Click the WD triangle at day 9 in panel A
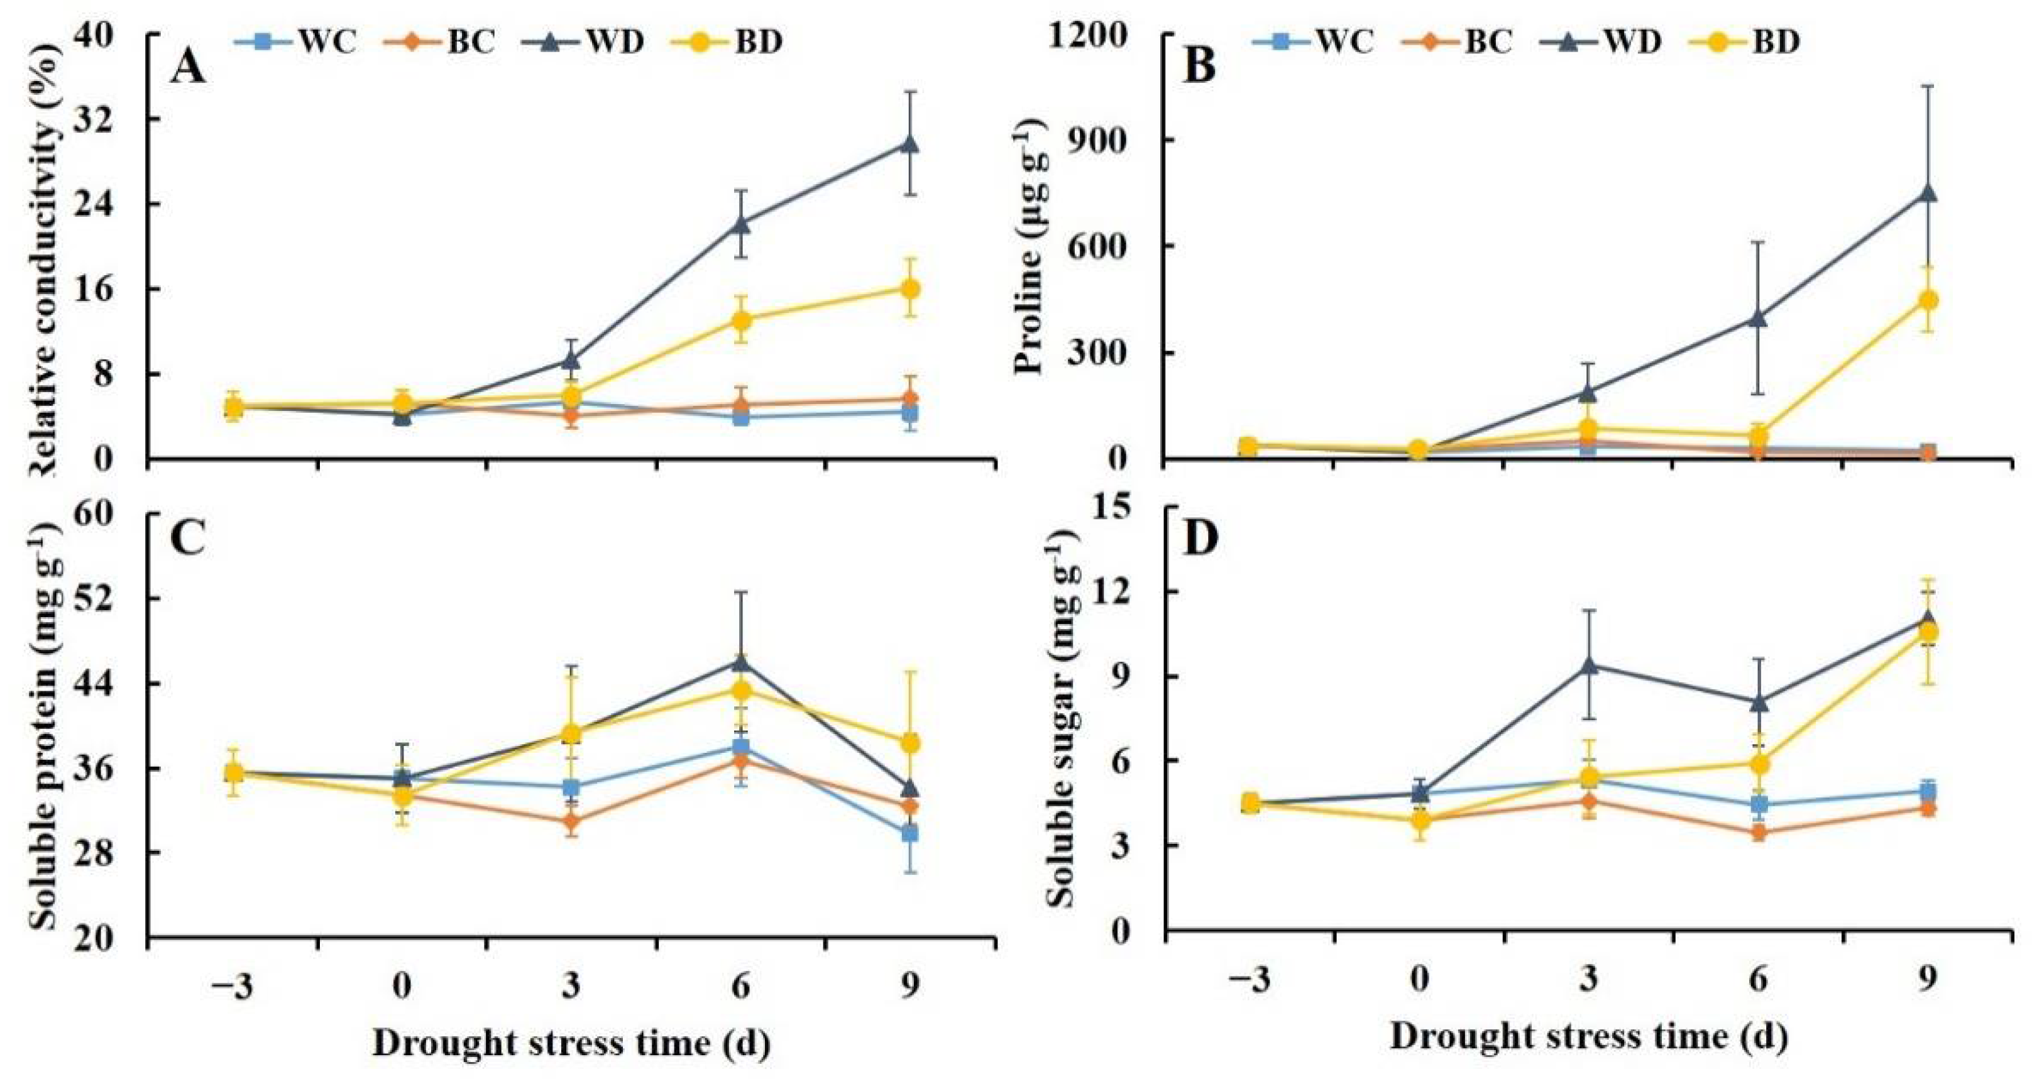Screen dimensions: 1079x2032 point(909,145)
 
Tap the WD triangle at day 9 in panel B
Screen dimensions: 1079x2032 point(1927,194)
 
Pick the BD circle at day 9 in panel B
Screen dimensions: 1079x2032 point(1927,300)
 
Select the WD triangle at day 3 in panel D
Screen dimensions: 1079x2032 point(1589,665)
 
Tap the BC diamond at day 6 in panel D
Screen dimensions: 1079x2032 point(1758,833)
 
